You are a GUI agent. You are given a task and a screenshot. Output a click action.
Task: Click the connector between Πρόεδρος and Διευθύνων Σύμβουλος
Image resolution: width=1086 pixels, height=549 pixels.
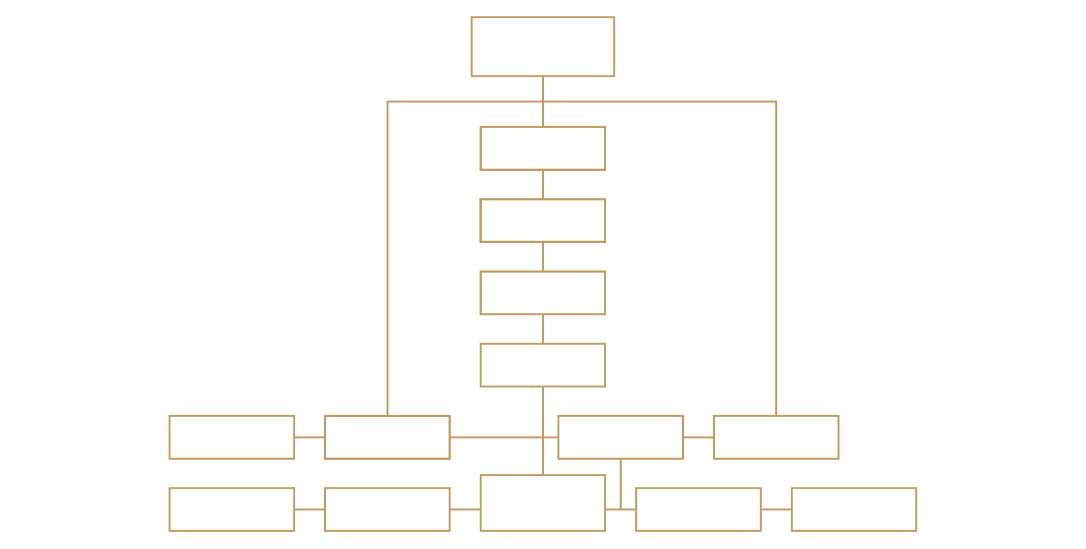(543, 185)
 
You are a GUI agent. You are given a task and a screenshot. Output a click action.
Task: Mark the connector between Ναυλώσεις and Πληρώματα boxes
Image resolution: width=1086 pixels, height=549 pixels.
(310, 509)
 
